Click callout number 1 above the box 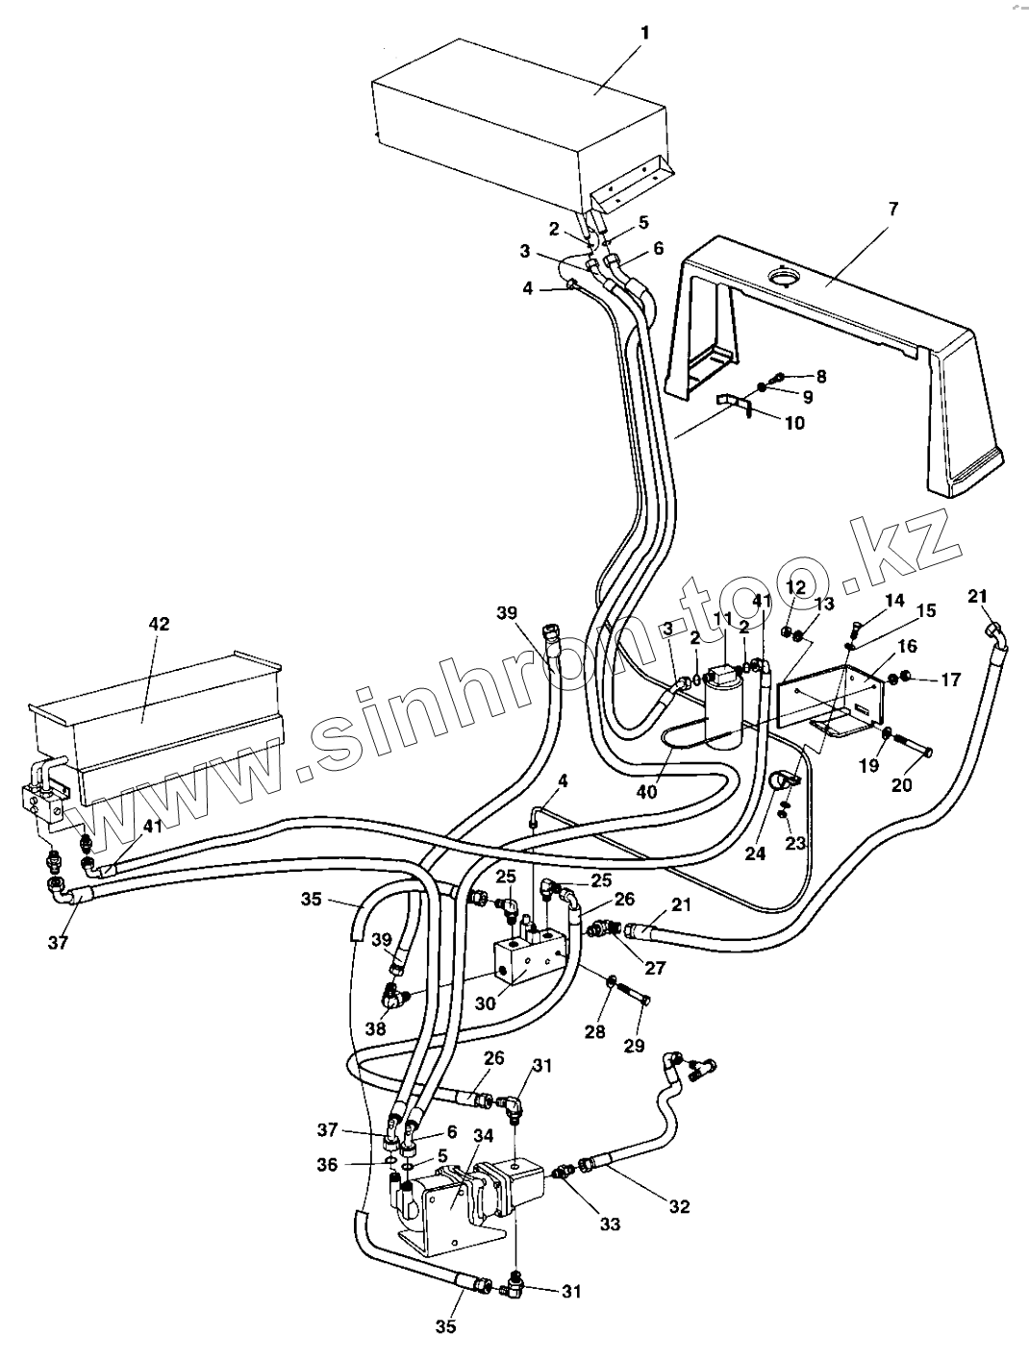[645, 33]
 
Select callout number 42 [159, 624]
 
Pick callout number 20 [901, 784]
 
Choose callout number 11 [723, 618]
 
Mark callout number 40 [646, 793]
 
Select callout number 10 [794, 423]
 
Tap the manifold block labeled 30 [529, 956]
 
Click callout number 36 [327, 1164]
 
